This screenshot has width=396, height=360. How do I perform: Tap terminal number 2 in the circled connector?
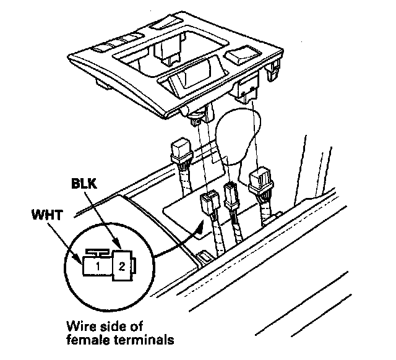[121, 267]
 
